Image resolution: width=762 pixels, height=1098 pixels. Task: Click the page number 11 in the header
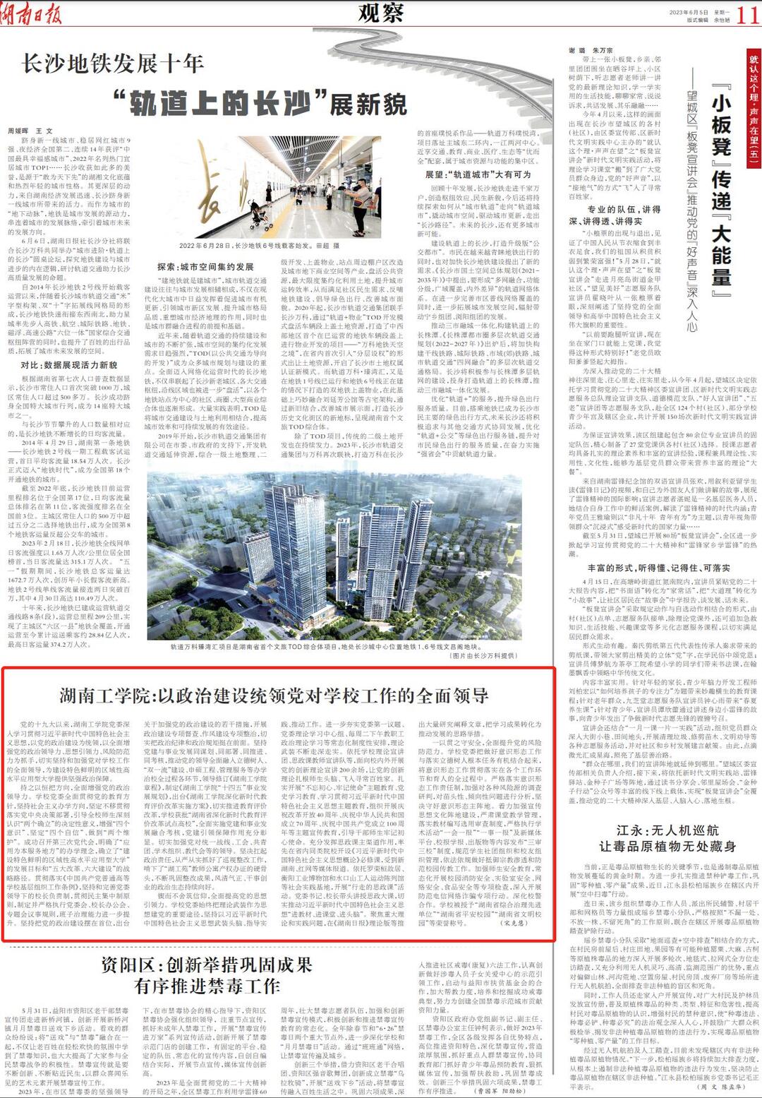[x=747, y=14]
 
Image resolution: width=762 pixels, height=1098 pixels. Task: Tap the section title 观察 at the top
[x=380, y=12]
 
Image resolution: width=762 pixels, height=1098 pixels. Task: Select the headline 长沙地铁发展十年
[x=114, y=64]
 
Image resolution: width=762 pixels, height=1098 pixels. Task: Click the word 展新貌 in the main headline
[x=368, y=105]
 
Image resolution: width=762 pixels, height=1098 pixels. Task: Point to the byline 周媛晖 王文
[x=30, y=131]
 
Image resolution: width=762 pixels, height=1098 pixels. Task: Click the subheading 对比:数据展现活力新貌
[x=69, y=365]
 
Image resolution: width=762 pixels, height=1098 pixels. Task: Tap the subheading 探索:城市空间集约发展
[x=205, y=267]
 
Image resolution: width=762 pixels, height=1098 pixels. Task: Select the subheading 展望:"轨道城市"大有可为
[x=478, y=174]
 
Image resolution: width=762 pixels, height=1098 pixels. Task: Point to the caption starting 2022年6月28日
[x=259, y=246]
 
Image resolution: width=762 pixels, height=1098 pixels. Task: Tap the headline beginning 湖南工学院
[x=274, y=696]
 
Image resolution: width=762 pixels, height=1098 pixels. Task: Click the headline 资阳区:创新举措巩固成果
[x=206, y=965]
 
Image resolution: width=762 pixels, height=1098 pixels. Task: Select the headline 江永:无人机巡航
[x=667, y=830]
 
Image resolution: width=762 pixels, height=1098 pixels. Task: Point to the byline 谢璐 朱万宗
[x=591, y=51]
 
